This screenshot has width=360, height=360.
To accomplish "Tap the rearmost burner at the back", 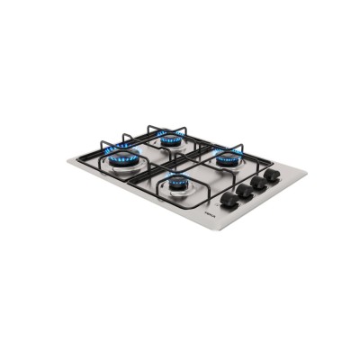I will pos(169,140).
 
